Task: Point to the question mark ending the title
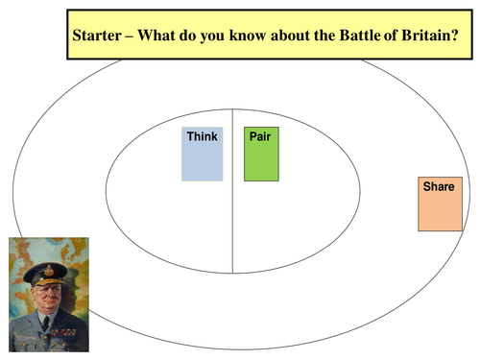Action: (455, 36)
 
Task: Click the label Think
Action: (202, 136)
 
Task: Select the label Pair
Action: (259, 136)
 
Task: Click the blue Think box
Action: (202, 158)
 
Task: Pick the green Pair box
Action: (261, 158)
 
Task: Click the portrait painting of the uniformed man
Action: (49, 294)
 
